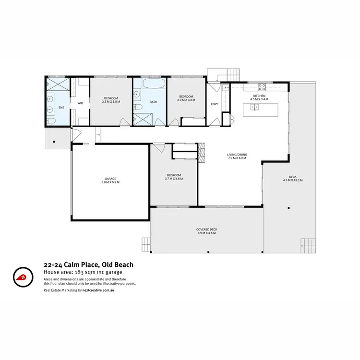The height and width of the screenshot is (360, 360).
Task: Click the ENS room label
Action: coord(61,108)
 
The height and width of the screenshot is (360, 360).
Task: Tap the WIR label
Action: coord(80,103)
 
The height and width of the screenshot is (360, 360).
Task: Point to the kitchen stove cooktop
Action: coord(263,87)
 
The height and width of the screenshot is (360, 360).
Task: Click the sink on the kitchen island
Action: coord(254,107)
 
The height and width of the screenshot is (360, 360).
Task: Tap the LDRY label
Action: coord(215,104)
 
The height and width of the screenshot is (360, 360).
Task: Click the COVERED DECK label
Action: coord(206,229)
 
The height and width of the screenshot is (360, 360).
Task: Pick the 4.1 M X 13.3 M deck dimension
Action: coord(292,180)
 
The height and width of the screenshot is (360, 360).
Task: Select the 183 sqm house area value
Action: coord(85,272)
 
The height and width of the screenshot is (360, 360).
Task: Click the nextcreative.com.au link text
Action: coord(102,290)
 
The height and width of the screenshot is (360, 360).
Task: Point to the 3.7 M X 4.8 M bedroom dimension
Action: coord(174,179)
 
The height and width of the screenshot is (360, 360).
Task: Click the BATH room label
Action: coord(153,102)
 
